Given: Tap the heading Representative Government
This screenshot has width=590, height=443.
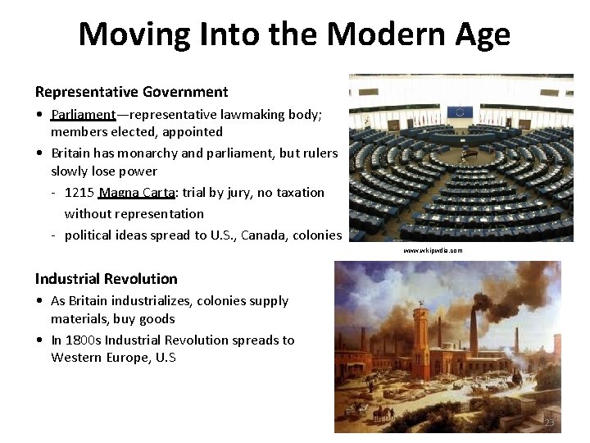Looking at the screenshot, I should click(x=131, y=92).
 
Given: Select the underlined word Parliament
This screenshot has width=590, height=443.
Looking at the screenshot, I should click(x=83, y=114).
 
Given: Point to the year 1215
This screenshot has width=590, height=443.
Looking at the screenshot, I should click(x=79, y=193).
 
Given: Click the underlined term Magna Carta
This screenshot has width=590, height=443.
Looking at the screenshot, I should click(x=136, y=193).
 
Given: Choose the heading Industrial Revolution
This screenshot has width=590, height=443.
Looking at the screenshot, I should click(x=106, y=279).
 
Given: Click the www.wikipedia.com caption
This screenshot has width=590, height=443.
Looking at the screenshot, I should click(x=433, y=250).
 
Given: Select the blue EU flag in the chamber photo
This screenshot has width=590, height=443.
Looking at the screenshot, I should click(x=461, y=111).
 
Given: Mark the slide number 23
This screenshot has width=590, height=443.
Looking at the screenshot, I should click(x=549, y=422).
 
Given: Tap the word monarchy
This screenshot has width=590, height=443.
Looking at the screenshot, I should click(x=149, y=153).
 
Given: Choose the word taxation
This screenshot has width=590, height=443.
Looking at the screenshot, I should click(x=297, y=193).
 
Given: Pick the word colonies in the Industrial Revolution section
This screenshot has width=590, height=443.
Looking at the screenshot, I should click(x=206, y=301).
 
